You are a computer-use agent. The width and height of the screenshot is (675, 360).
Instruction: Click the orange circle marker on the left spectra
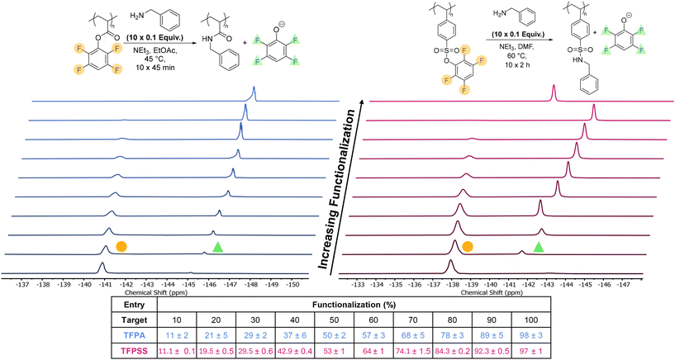pyautogui.click(x=121, y=246)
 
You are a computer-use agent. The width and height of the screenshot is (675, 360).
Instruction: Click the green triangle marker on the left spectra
pyautogui.click(x=217, y=247)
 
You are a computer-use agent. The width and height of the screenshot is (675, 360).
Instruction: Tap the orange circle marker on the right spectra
pyautogui.click(x=467, y=246)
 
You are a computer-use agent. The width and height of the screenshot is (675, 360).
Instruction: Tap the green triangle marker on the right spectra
pyautogui.click(x=539, y=246)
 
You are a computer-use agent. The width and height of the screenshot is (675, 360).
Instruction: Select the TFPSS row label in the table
pyautogui.click(x=139, y=350)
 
